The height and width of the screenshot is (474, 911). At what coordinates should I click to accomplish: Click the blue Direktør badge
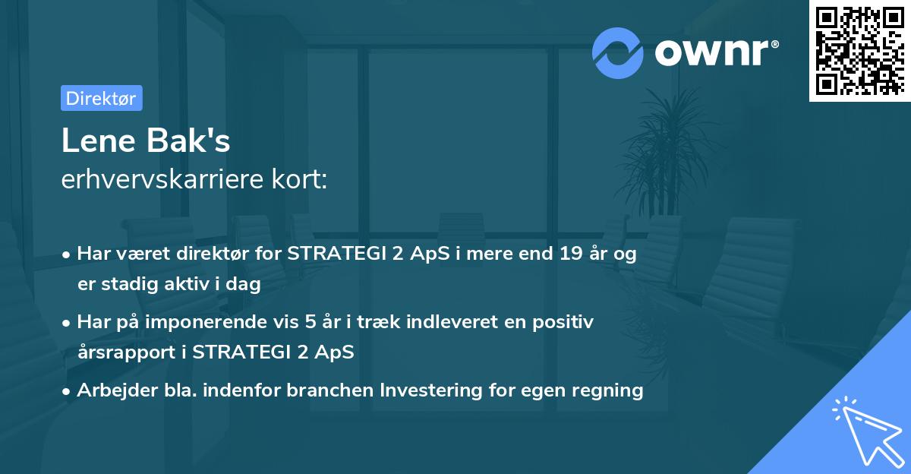pos(101,98)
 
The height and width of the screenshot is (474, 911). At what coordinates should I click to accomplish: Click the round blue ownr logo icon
pos(618,52)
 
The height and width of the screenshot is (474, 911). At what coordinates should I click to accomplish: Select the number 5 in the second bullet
pos(310,322)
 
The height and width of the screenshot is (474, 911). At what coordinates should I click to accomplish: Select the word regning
pos(607,390)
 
